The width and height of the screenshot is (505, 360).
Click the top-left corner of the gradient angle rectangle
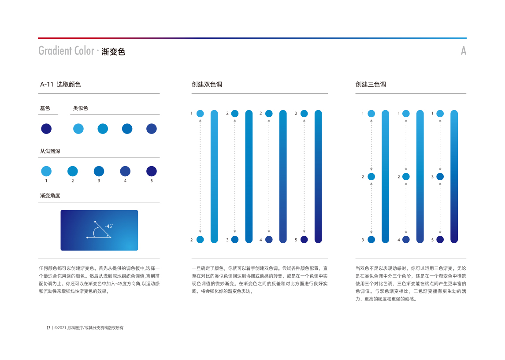(x=61, y=210)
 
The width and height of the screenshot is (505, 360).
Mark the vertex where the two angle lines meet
(x=111, y=238)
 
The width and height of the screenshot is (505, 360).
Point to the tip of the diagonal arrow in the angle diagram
(x=94, y=221)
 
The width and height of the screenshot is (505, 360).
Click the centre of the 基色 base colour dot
(x=46, y=129)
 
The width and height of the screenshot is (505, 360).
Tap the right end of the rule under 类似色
(x=160, y=115)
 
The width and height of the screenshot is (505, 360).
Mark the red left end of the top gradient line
(x=38, y=38)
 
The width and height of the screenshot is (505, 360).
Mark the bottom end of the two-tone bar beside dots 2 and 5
(x=318, y=243)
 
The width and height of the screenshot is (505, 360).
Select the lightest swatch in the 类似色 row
(x=78, y=129)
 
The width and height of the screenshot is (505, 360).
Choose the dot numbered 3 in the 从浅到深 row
(x=99, y=171)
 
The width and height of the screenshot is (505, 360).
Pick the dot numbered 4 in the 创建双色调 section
(x=269, y=240)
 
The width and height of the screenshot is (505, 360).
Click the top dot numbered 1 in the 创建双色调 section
(x=200, y=113)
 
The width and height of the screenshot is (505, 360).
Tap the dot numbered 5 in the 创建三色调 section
(x=440, y=240)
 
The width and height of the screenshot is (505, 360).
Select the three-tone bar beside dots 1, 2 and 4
(x=420, y=176)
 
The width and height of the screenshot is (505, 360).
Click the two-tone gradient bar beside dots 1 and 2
(x=214, y=176)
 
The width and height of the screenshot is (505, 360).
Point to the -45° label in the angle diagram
(x=109, y=226)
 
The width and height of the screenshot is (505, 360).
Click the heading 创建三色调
(x=371, y=84)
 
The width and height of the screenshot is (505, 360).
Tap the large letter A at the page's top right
(x=464, y=51)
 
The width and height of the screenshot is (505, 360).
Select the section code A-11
(x=47, y=84)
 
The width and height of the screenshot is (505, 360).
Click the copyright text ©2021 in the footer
(x=60, y=328)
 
